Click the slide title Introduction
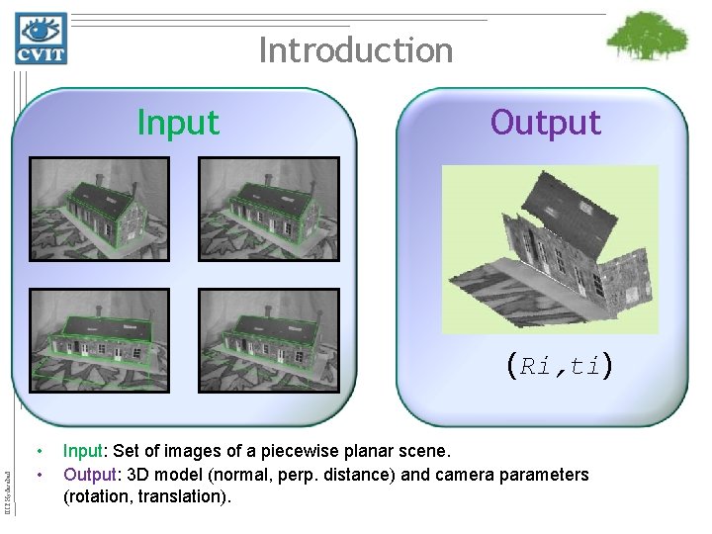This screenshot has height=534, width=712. tap(355, 49)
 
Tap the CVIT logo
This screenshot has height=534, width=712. tap(41, 39)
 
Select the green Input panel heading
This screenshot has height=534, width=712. tap(178, 123)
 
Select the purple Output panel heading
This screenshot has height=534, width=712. tap(545, 123)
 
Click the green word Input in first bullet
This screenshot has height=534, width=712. tap(82, 452)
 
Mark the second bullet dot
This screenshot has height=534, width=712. tap(37, 476)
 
